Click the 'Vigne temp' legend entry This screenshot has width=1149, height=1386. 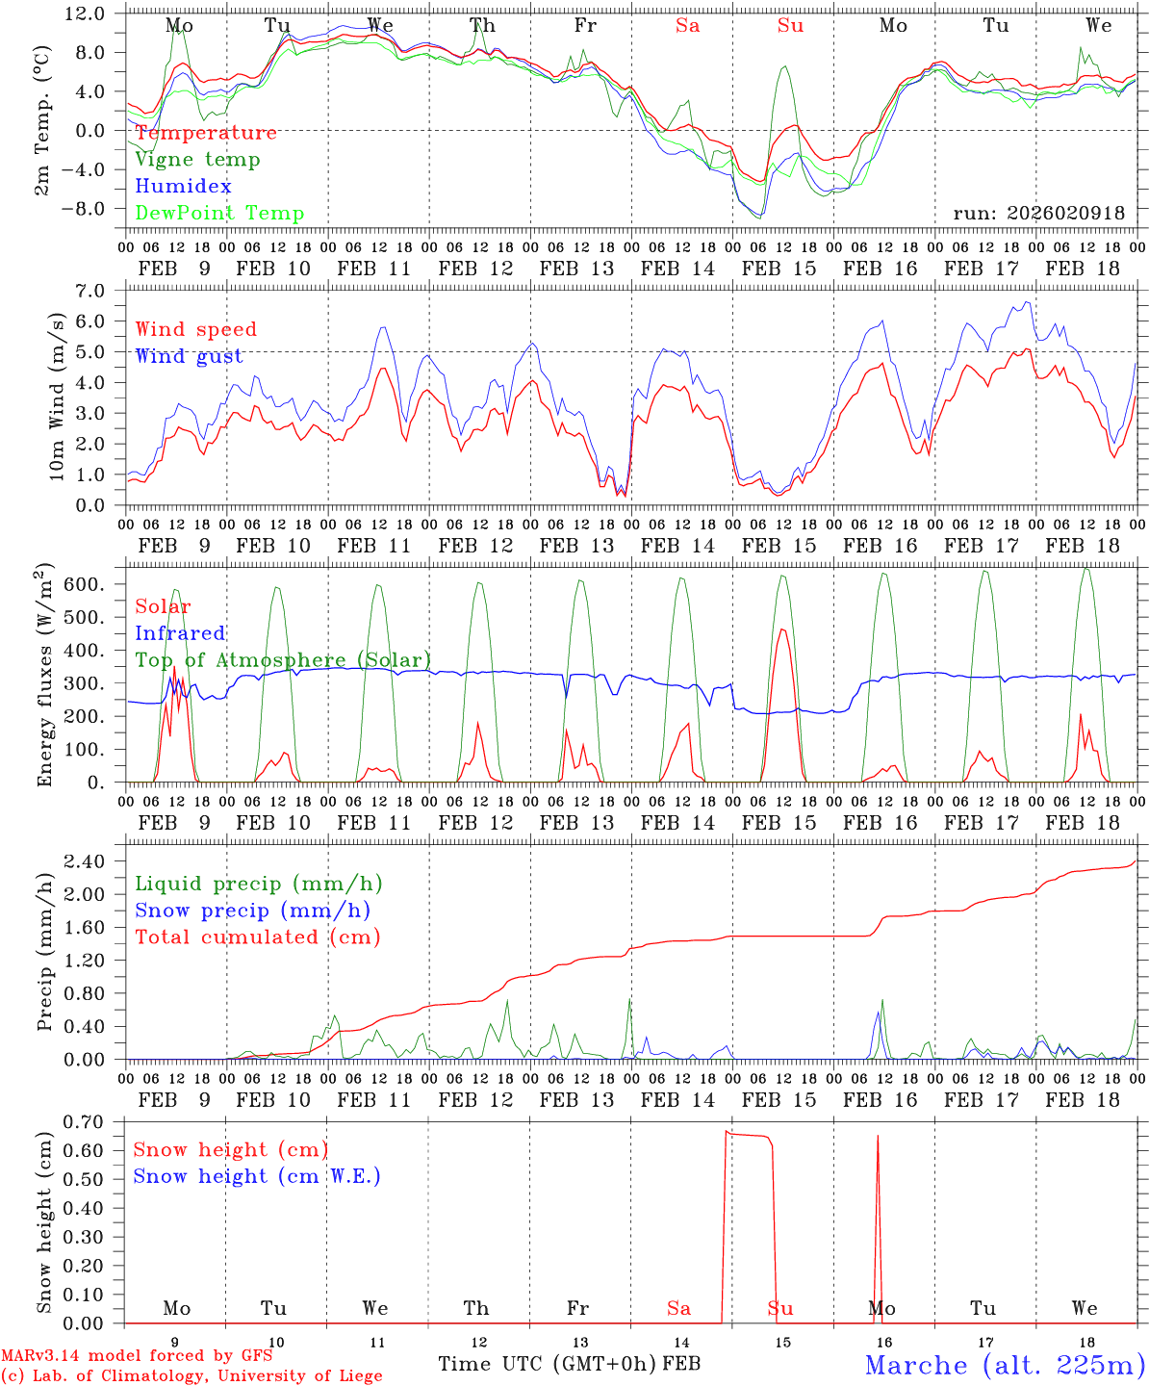click(197, 160)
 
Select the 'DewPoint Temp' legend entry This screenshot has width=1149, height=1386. click(219, 214)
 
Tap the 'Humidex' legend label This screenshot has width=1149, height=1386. click(183, 187)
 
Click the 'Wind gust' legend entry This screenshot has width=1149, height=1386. click(189, 356)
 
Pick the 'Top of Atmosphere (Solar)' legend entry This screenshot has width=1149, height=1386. click(282, 660)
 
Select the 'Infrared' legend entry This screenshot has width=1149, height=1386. click(180, 633)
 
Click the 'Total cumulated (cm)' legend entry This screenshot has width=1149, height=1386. click(257, 937)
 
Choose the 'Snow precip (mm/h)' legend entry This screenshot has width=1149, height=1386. click(252, 911)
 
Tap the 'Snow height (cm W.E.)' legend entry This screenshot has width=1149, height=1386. click(256, 1176)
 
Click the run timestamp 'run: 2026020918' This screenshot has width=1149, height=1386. click(1038, 213)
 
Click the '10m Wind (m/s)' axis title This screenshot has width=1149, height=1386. click(57, 395)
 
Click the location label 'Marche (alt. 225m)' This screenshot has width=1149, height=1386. click(1004, 1365)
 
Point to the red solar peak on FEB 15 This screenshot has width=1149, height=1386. click(782, 630)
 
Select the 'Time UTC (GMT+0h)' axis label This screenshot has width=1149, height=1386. click(547, 1364)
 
